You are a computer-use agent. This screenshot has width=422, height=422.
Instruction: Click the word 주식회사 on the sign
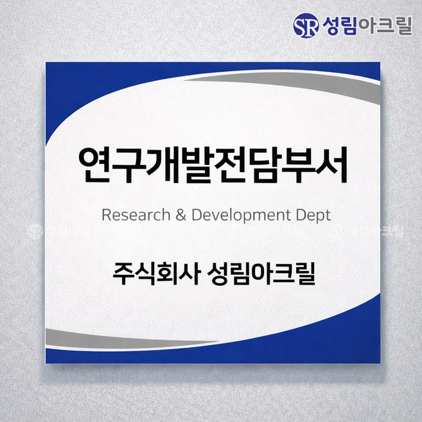pyautogui.click(x=154, y=274)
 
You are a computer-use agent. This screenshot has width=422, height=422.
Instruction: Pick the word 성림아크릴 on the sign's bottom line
pyautogui.click(x=262, y=274)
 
